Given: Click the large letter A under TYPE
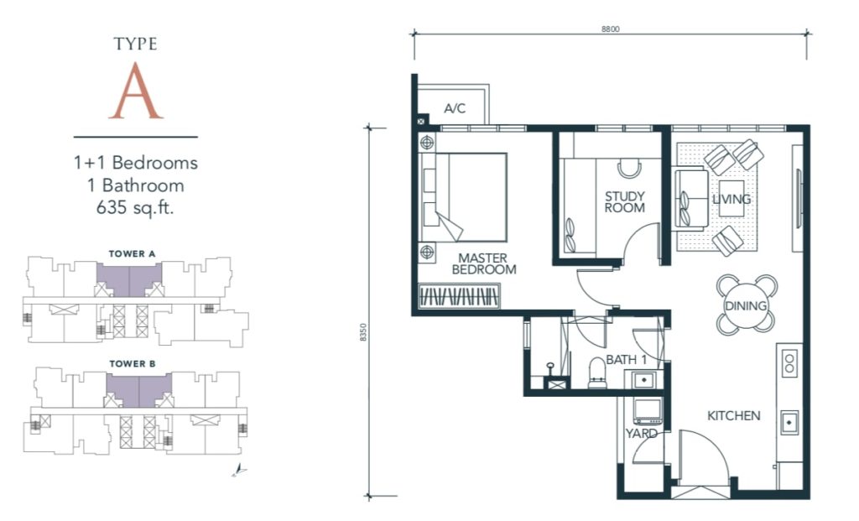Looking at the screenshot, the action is click(x=135, y=91).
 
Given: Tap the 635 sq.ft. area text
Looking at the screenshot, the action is click(x=135, y=208).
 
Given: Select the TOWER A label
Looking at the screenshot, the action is click(x=132, y=253).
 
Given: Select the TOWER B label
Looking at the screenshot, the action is click(x=132, y=364).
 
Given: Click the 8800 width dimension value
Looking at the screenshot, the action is click(x=611, y=29).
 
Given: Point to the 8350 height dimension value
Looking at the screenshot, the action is click(x=362, y=332).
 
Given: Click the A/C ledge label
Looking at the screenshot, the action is click(x=455, y=108).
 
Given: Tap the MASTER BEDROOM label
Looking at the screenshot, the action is click(x=484, y=263).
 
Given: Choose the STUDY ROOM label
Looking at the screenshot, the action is click(x=624, y=201).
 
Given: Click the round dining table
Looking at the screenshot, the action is click(x=746, y=305).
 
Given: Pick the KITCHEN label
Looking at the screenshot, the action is click(x=733, y=416).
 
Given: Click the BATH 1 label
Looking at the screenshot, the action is click(x=626, y=360).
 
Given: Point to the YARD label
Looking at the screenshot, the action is click(x=642, y=434).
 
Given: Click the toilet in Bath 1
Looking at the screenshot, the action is click(x=597, y=373).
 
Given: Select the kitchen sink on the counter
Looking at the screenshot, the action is click(x=789, y=422).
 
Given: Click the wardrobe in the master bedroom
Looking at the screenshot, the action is click(x=460, y=296).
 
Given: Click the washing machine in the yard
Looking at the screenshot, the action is click(x=647, y=411).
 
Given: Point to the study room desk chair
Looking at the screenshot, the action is click(x=629, y=168).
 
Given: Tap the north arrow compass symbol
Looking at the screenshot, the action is click(x=239, y=470).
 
